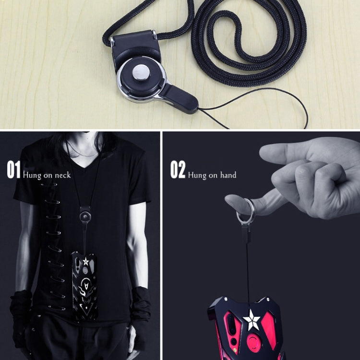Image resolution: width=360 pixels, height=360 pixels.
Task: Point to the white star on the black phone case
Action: pyautogui.click(x=85, y=262)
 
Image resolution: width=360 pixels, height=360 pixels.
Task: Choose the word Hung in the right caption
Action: pyautogui.click(x=197, y=175)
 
